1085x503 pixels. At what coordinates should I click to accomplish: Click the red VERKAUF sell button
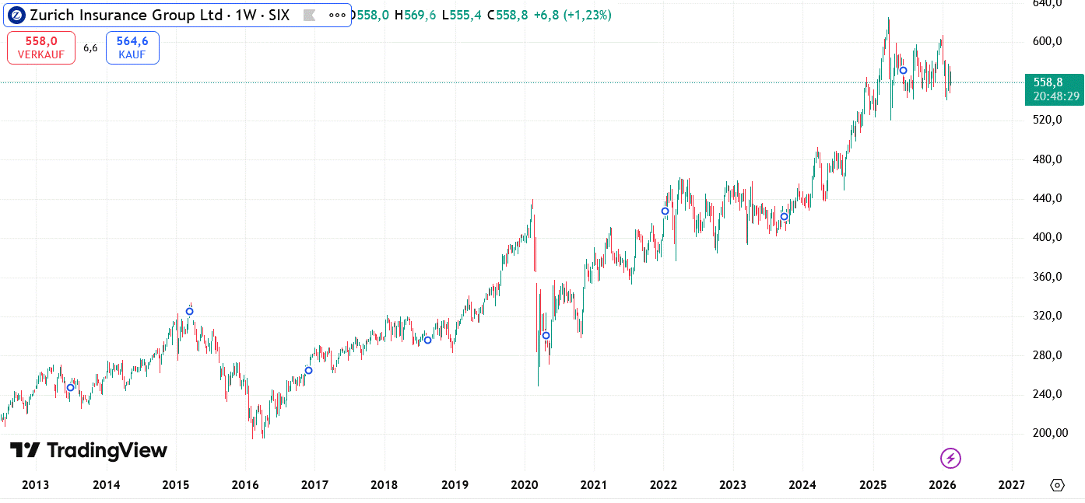click(x=41, y=47)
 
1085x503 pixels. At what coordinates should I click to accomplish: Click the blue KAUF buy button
click(x=132, y=47)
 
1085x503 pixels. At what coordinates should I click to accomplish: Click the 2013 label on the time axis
click(x=36, y=485)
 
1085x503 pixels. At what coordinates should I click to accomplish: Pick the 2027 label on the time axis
click(x=1011, y=485)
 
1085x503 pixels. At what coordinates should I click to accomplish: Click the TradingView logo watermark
click(x=88, y=451)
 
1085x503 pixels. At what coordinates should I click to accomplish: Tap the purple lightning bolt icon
click(x=950, y=459)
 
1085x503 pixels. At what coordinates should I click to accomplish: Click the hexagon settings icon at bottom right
click(x=1057, y=485)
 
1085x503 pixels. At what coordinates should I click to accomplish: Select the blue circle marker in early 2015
click(x=189, y=312)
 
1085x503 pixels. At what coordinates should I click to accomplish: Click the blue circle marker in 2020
click(x=546, y=336)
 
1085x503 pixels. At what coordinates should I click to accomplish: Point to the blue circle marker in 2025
click(x=903, y=71)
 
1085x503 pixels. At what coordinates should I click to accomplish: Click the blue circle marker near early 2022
click(x=665, y=211)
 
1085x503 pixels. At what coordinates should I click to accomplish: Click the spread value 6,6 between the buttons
click(x=90, y=48)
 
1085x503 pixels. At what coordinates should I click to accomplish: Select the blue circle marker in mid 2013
click(x=70, y=388)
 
